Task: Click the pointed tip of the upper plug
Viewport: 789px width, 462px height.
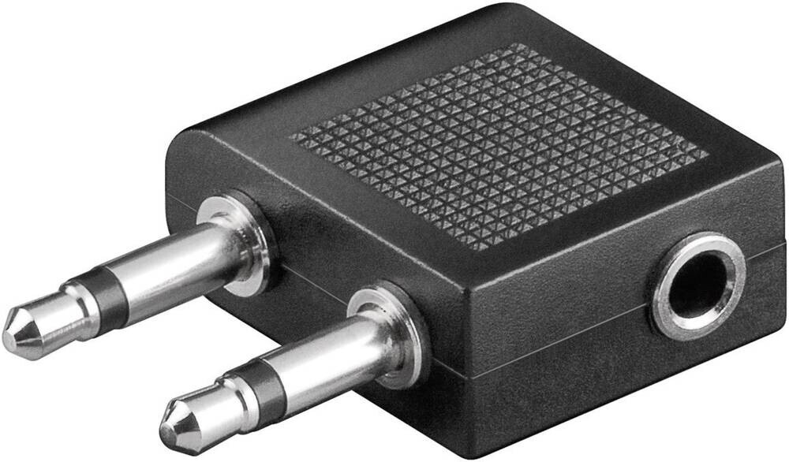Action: click(9, 331)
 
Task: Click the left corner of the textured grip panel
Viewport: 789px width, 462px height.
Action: click(292, 137)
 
